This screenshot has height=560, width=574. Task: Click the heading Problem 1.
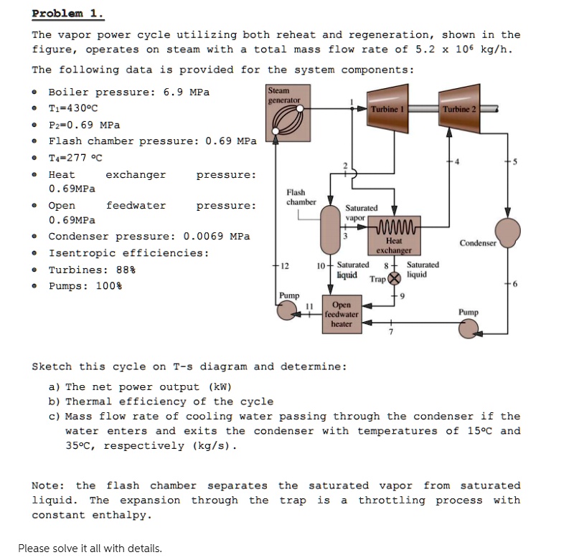pos(67,13)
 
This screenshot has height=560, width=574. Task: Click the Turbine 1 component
pos(388,108)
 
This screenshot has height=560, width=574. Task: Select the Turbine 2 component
pos(459,108)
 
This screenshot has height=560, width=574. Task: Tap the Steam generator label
pos(279,95)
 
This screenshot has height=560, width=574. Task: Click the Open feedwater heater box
pos(342,314)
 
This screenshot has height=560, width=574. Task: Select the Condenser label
pos(478,243)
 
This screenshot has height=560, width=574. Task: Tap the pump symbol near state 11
pos(290,310)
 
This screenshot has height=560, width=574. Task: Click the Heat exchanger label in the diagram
pos(393,246)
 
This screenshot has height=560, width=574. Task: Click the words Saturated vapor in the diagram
pos(361,212)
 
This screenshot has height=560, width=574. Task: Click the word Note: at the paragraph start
pos(50,485)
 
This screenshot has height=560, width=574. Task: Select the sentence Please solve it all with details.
pos(90,549)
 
